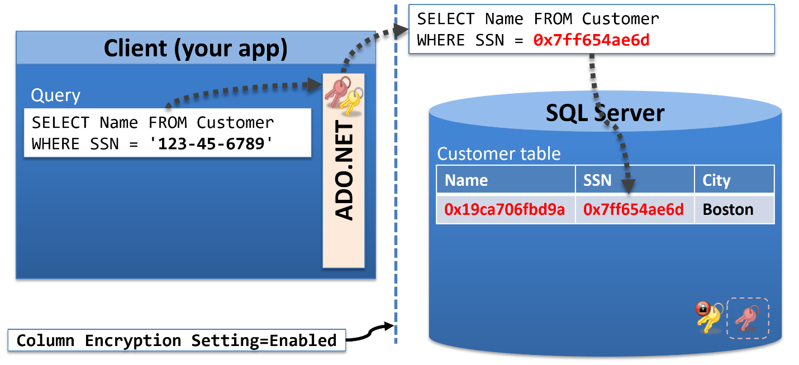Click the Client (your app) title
(196, 49)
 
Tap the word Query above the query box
(56, 95)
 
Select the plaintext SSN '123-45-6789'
(211, 144)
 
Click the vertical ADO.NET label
(344, 170)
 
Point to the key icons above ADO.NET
(344, 95)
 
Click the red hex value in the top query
(591, 40)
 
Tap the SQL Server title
(605, 113)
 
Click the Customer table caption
(499, 153)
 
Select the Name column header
(466, 180)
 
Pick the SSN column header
(597, 180)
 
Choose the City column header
(717, 181)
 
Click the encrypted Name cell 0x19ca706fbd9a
(505, 210)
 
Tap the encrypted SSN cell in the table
(634, 210)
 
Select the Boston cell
(728, 210)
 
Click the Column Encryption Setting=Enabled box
(177, 340)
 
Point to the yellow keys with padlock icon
(709, 317)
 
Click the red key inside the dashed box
(748, 318)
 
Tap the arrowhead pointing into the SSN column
(629, 186)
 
